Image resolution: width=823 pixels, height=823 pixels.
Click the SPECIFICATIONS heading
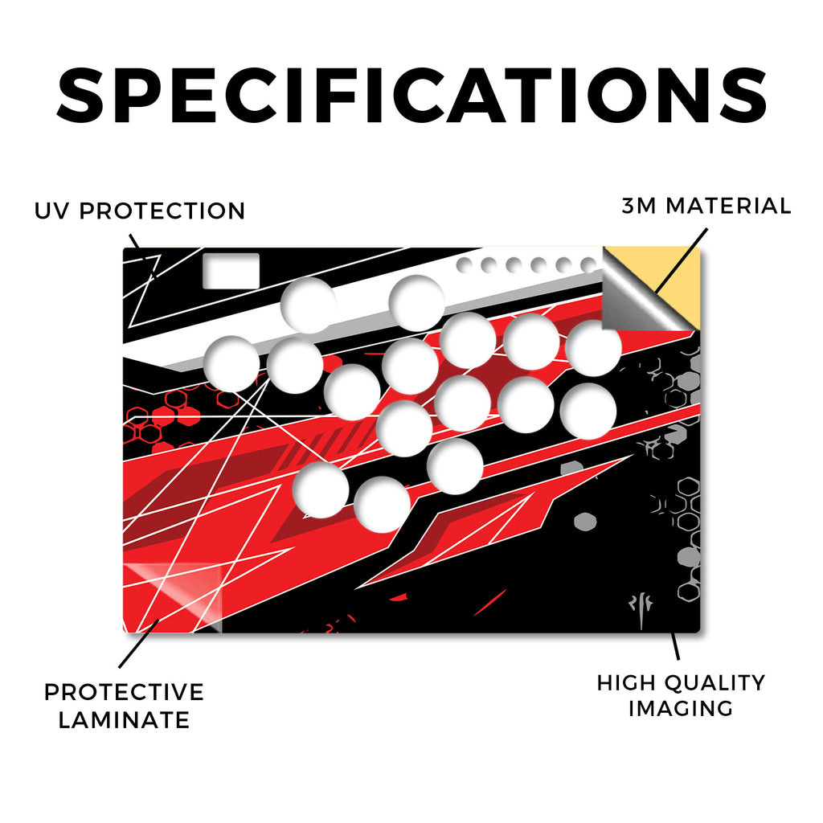coord(411,96)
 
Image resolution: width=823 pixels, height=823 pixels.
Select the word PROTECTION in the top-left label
coord(162,211)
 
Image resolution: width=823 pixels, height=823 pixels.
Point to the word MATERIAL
coord(728,206)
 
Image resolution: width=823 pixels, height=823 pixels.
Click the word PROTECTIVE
coord(124,692)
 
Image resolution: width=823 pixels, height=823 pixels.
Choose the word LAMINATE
coord(124,719)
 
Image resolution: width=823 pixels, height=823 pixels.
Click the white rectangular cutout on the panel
coord(231,271)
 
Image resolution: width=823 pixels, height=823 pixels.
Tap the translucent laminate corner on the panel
coord(174,596)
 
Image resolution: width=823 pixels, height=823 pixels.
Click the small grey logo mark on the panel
coord(641,611)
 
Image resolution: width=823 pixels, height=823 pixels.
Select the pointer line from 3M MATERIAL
coord(681,261)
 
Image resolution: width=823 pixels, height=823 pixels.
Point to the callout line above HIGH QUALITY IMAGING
coord(675,646)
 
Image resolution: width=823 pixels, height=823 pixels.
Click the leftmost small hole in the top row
coord(464,265)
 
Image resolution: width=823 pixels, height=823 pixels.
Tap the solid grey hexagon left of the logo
coord(585,521)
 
